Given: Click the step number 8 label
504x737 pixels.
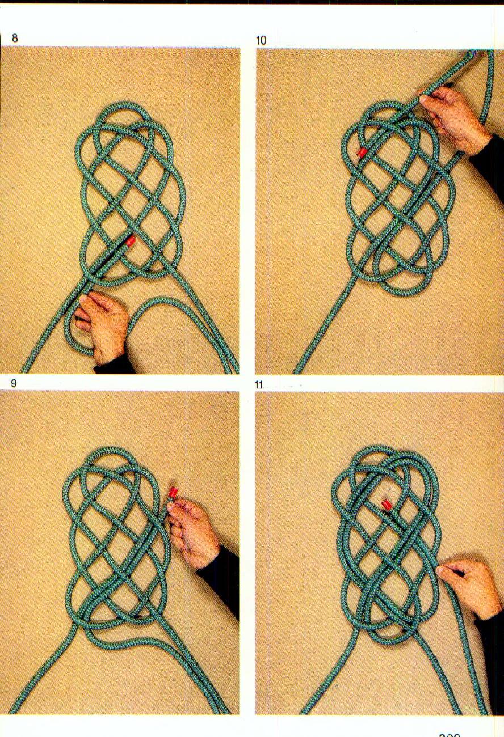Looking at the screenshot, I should click(x=15, y=39).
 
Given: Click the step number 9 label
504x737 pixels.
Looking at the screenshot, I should click(x=14, y=383).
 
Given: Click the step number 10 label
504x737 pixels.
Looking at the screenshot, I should click(x=261, y=40).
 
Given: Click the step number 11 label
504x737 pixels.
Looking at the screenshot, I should click(x=259, y=385).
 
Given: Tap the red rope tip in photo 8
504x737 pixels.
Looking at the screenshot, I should click(x=131, y=240).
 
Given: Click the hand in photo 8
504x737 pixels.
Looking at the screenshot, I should click(x=105, y=326).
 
